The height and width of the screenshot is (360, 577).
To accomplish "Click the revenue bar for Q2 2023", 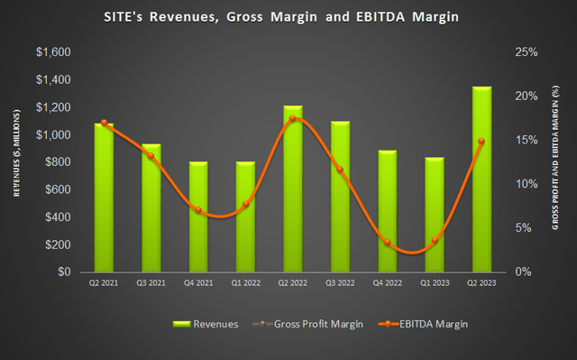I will (483, 180).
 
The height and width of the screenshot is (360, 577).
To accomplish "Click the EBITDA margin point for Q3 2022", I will (340, 169).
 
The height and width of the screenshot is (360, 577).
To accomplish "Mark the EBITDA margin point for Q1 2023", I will (435, 240).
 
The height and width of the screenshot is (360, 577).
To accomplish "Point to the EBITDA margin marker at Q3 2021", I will (151, 156).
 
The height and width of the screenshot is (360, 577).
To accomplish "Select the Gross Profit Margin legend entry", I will (305, 323).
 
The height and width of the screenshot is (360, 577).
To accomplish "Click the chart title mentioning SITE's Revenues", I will (288, 17).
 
